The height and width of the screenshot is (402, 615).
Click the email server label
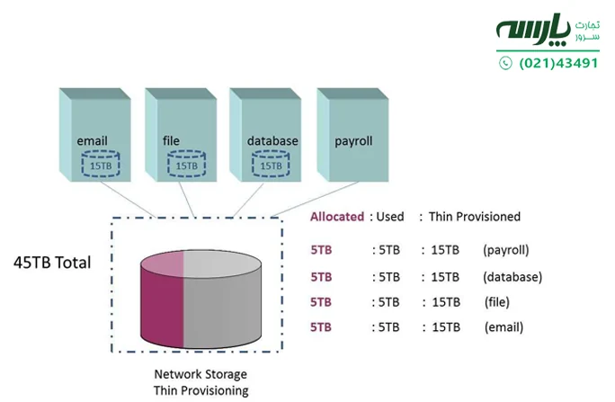93,141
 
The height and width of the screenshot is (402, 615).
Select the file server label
172,141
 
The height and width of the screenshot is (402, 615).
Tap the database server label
272,141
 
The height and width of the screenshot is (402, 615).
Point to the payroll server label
353,141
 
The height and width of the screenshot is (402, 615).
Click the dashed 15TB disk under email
102,165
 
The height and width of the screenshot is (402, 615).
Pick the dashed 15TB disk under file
187,165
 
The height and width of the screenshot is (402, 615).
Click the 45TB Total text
51,264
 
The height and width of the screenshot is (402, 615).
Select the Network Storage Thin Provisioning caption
200,382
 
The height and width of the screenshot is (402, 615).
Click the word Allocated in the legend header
337,217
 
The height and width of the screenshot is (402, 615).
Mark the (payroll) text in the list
505,249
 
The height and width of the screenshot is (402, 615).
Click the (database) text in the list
512,276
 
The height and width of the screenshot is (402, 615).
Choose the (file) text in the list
497,301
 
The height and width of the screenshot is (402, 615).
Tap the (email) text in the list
503,327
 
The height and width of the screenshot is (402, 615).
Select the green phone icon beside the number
505,63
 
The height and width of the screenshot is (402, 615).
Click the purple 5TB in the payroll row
321,249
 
